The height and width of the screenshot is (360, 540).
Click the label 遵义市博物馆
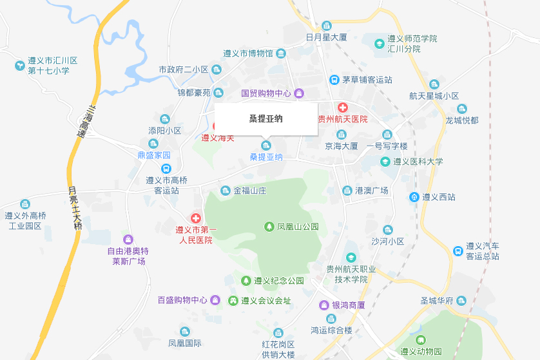point(248,53)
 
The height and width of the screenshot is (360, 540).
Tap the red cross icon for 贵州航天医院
point(343,107)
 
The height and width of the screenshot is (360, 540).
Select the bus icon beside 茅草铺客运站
point(334,80)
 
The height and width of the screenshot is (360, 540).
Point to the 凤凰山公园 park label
point(298,227)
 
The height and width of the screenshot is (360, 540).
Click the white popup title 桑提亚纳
point(265,118)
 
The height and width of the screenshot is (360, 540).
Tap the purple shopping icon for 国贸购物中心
point(299,93)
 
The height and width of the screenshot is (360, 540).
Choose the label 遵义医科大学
point(418,162)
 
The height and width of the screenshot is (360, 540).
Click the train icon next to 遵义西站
point(414,197)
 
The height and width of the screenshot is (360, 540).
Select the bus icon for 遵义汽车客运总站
point(458,251)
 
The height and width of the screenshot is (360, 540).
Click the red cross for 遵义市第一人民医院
point(195,219)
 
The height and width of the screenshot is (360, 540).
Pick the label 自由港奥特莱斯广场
point(129,256)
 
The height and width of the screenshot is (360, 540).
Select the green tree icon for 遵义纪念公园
point(246,281)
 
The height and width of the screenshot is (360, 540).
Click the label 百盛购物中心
point(183,300)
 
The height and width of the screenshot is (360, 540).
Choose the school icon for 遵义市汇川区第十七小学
point(20,65)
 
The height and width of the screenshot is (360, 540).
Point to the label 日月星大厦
point(327,37)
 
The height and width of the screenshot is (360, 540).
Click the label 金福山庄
point(249,191)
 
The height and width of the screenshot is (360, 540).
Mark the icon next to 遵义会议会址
point(233,301)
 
